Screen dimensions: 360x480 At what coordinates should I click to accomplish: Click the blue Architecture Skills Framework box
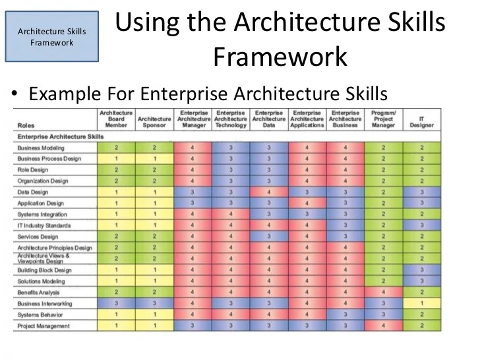click(x=51, y=37)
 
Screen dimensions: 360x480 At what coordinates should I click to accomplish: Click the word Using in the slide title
click(x=149, y=24)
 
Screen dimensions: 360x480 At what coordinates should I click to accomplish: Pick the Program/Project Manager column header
click(x=383, y=119)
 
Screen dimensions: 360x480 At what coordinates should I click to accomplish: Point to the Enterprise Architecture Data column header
click(x=269, y=119)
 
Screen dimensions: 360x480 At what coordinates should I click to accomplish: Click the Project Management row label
click(x=44, y=326)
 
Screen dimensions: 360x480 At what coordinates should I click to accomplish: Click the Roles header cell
click(x=27, y=124)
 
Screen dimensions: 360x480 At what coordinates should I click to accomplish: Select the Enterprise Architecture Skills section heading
click(x=61, y=136)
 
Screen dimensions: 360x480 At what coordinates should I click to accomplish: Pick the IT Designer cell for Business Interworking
click(x=421, y=303)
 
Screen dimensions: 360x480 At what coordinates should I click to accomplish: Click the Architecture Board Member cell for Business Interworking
click(x=116, y=303)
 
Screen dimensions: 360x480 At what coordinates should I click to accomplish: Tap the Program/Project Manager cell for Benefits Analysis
click(x=383, y=292)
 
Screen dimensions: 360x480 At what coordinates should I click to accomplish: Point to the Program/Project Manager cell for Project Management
click(x=383, y=326)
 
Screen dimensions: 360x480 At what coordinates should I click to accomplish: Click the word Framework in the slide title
click(x=280, y=57)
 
